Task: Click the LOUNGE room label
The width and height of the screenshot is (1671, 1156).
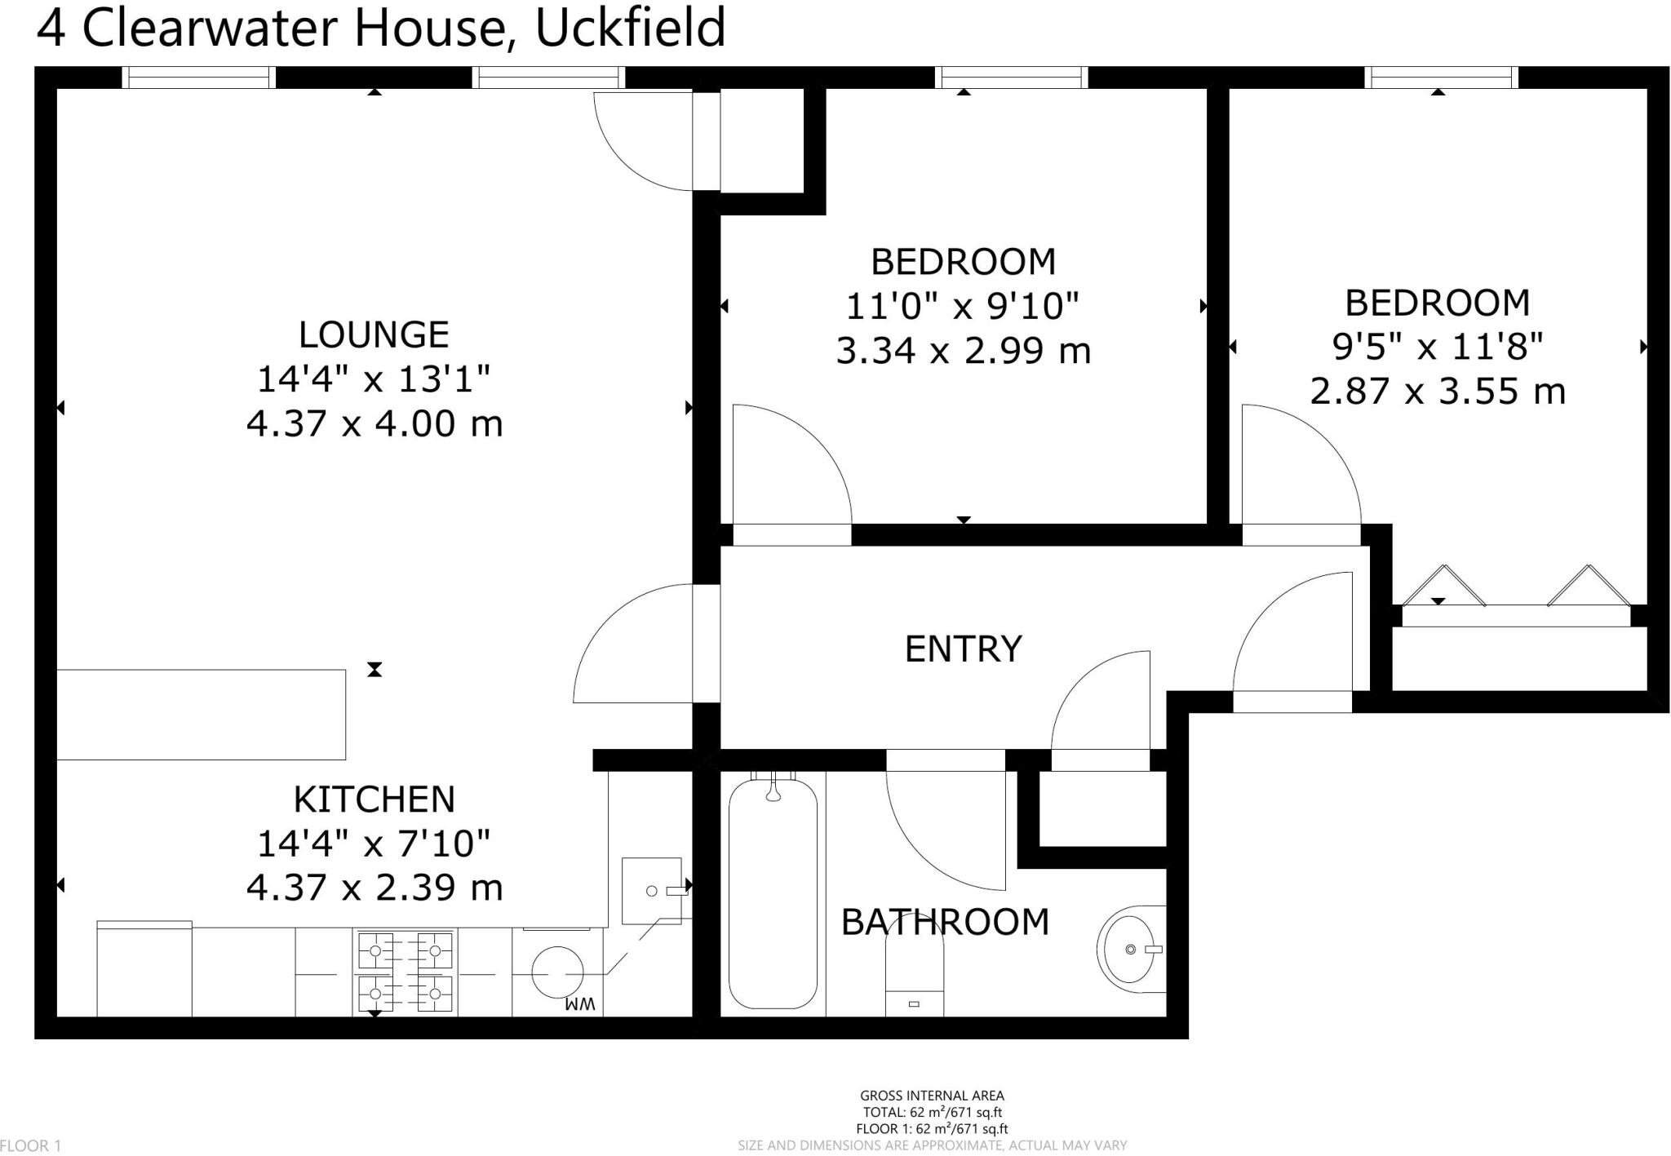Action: [374, 335]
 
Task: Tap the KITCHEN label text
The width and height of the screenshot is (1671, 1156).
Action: [374, 799]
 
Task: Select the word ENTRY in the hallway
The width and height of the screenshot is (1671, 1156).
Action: [963, 649]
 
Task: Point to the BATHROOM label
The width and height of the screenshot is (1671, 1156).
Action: [945, 923]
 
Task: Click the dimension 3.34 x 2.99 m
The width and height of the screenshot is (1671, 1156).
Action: [963, 352]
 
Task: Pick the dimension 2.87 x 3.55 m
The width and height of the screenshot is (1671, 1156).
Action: [1438, 392]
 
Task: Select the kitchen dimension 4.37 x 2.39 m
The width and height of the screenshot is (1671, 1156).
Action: [374, 888]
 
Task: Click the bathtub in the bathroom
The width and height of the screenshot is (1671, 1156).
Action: [772, 893]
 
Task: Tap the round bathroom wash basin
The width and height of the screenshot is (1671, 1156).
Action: [1131, 950]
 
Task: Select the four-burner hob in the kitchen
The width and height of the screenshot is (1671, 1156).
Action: [405, 972]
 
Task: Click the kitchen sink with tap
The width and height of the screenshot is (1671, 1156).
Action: [652, 891]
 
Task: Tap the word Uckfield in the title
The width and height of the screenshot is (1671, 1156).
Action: [630, 28]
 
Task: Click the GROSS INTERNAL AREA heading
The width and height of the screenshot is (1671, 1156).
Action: [932, 1096]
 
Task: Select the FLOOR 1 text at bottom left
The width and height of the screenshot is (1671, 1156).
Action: [31, 1146]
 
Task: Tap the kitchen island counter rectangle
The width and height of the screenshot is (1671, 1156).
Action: [200, 715]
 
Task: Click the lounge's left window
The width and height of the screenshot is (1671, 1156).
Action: [199, 78]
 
